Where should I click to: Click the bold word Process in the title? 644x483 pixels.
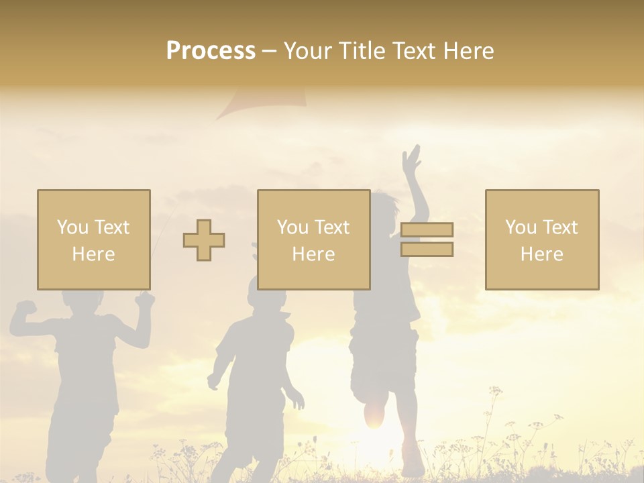coord(211,51)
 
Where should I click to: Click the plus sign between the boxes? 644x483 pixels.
coord(204,240)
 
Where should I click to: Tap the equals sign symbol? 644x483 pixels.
coord(427,239)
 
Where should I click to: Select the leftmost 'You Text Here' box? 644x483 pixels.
coord(94,239)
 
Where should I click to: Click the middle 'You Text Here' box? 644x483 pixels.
coord(313,239)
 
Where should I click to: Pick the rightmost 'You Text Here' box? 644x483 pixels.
coord(541,239)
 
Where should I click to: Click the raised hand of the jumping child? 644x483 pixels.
coord(411,158)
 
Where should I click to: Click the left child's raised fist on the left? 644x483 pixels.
coord(25,309)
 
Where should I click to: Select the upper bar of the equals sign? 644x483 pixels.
coord(427,229)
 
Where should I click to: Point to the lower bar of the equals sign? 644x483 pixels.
coord(427,250)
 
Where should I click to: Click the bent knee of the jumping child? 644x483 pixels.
coord(374,413)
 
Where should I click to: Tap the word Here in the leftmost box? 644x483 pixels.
coord(94,254)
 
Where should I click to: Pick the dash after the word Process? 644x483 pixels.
coord(269,52)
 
